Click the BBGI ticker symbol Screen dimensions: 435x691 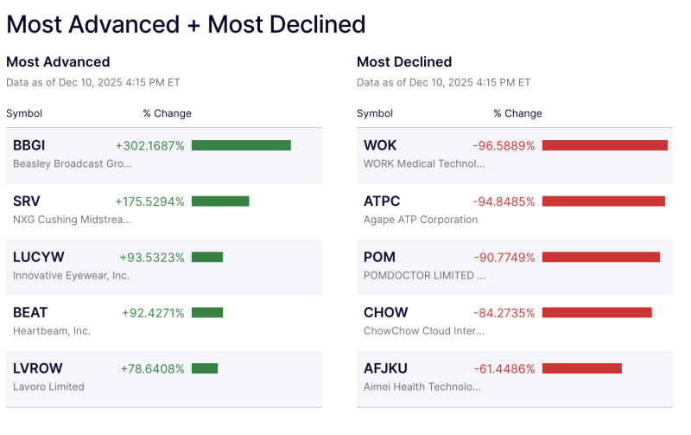(30, 145)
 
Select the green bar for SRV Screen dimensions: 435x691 (220, 202)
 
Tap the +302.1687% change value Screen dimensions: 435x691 (149, 145)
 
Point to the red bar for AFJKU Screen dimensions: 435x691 (581, 368)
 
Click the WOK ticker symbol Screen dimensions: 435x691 (380, 145)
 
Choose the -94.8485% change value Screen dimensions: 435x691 (504, 202)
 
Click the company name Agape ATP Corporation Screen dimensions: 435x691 (421, 220)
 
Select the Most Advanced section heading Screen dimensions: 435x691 (58, 62)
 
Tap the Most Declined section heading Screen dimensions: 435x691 (404, 62)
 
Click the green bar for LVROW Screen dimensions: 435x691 (205, 368)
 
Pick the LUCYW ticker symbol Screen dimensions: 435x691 (38, 257)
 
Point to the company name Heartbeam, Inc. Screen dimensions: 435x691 (52, 331)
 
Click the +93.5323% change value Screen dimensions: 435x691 (152, 257)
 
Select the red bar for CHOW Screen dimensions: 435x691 (597, 313)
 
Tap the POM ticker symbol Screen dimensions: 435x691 (380, 257)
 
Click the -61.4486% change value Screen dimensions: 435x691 (504, 368)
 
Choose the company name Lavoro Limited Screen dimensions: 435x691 (48, 387)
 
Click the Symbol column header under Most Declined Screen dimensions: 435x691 (375, 113)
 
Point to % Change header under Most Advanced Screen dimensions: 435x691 (167, 113)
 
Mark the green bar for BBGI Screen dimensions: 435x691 (241, 145)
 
